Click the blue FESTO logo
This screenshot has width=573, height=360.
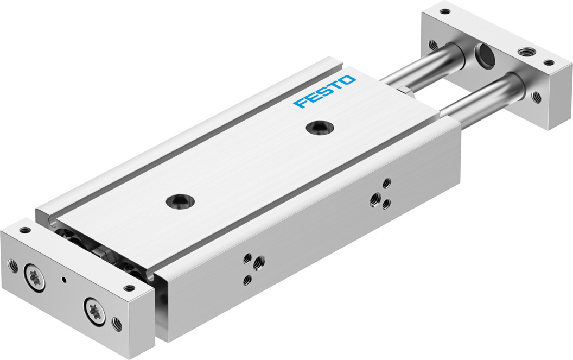coord(324,91)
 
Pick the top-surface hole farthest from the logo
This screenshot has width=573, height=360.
coord(180,200)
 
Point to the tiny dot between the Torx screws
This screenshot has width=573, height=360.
coord(65,280)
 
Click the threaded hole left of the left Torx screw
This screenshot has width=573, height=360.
coord(13,265)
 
